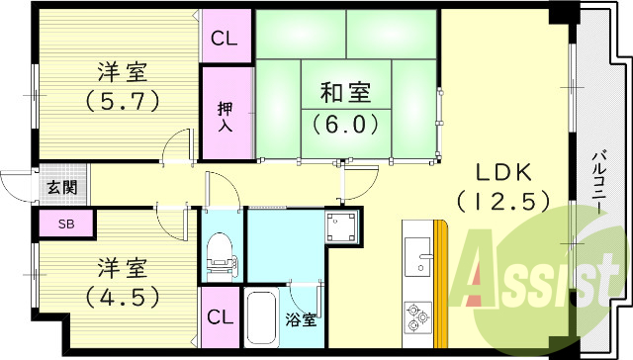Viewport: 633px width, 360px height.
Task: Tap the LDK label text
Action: pos(502,168)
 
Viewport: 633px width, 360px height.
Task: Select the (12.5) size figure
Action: pos(503,200)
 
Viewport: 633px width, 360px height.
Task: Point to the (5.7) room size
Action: pos(123,100)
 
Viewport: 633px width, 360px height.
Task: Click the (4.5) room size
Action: pos(123,296)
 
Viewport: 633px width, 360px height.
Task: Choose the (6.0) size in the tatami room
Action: pos(346,126)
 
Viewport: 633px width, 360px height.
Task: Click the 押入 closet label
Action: pos(225,112)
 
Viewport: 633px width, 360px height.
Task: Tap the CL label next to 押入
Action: pos(226,42)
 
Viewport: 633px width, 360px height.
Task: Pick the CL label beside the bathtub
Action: pos(221,317)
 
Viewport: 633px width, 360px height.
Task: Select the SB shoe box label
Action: pos(65,225)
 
